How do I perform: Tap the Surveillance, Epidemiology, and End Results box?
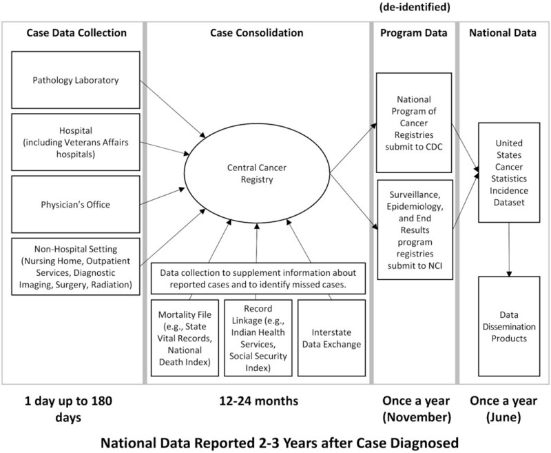coord(410,229)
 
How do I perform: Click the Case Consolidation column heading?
coord(257,33)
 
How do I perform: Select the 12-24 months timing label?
coord(256,401)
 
